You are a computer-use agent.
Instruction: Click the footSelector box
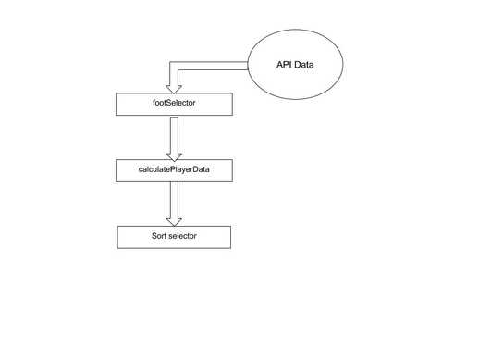[x=173, y=104]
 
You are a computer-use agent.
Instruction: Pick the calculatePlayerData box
[x=173, y=170]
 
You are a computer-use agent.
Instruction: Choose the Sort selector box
[x=173, y=236]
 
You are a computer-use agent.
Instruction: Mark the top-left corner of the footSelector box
[x=117, y=93]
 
